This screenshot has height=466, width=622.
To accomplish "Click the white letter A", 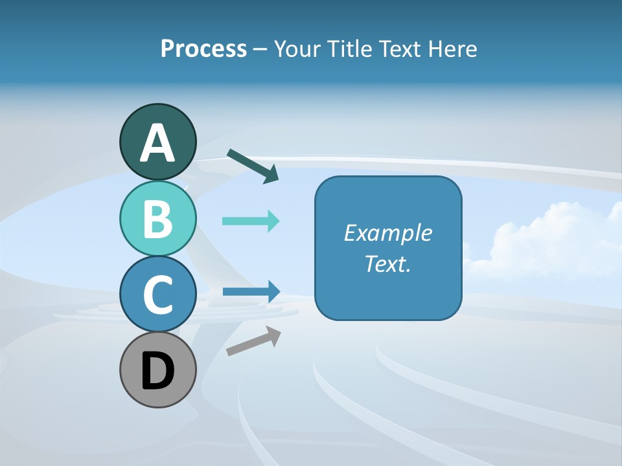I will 157,143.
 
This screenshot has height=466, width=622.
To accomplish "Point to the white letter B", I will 157,219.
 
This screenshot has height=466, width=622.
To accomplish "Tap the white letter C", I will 157,294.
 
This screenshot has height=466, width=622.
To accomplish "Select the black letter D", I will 157,371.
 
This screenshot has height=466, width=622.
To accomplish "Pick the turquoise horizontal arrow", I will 251,221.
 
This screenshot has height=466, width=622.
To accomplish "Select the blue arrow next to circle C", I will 251,291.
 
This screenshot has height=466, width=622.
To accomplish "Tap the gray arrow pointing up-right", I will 253,340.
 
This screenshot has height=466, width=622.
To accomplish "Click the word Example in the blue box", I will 388,233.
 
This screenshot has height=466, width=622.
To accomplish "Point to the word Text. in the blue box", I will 388,263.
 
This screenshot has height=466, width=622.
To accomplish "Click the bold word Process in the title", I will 203,49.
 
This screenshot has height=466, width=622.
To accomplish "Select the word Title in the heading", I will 346,49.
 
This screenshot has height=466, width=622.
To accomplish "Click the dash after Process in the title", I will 260,49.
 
